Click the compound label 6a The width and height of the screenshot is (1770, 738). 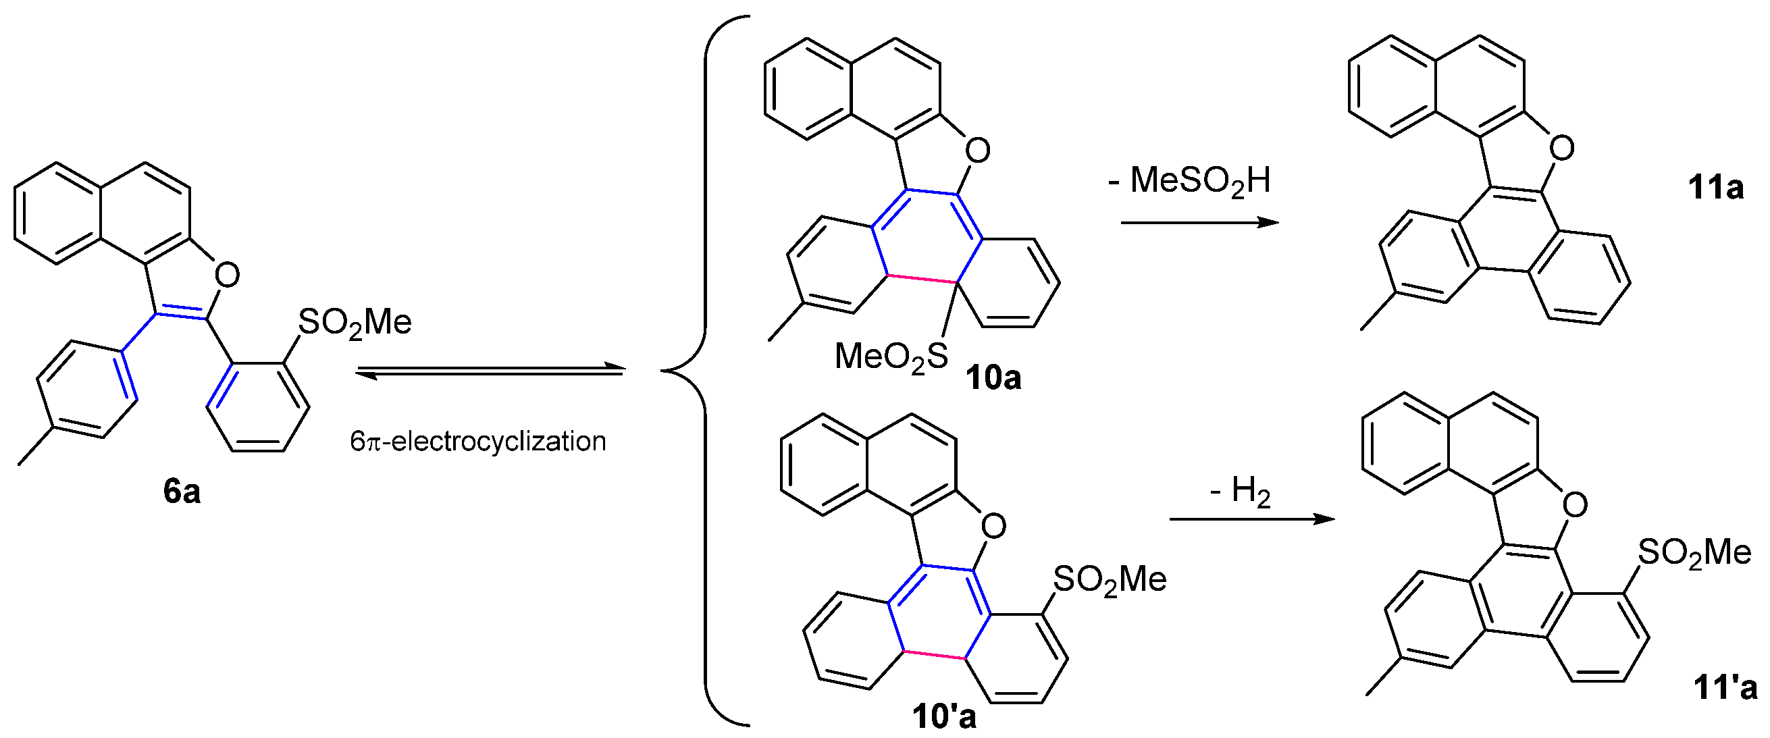point(182,492)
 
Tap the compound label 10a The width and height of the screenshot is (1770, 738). point(993,377)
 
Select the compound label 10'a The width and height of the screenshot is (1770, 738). point(943,716)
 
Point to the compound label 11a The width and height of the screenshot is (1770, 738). point(1715,187)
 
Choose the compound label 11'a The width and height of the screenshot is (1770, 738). point(1725,688)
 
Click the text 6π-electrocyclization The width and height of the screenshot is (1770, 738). point(477,441)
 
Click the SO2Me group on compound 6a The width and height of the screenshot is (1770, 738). point(355,321)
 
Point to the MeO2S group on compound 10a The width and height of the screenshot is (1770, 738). point(891,357)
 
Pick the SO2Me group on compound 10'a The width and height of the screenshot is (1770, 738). point(1109,580)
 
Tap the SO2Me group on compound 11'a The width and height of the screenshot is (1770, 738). point(1694,552)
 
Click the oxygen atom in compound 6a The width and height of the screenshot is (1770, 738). point(227,275)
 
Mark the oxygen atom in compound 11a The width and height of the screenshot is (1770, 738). point(1561,148)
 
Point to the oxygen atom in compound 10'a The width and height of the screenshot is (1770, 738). point(993,527)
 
